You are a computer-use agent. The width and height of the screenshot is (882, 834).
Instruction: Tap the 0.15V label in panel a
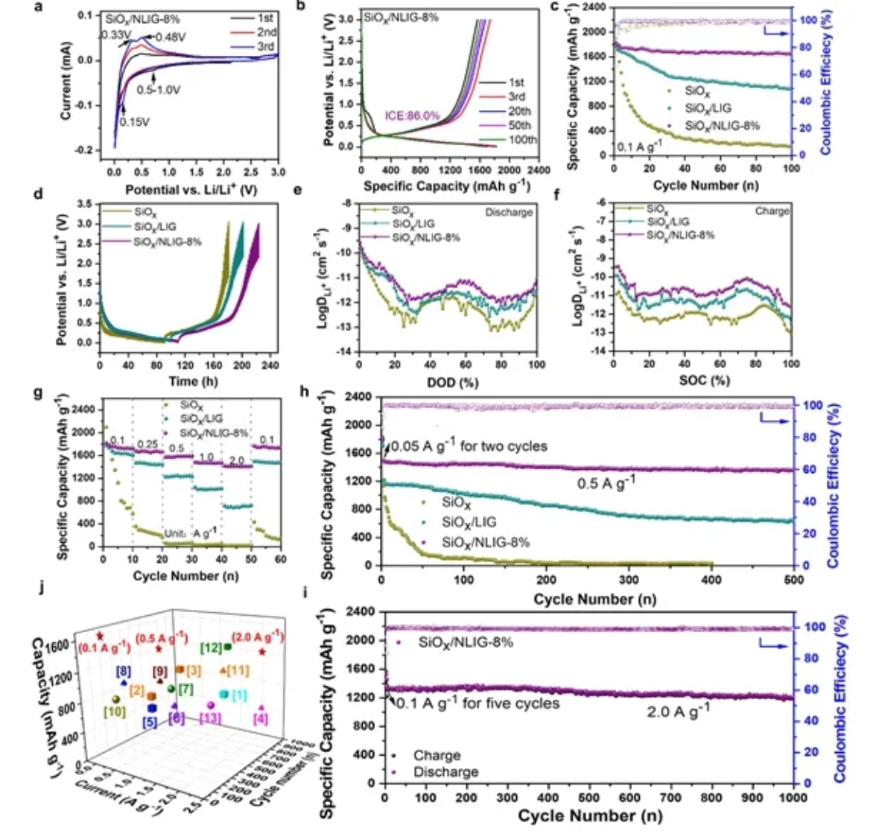click(135, 122)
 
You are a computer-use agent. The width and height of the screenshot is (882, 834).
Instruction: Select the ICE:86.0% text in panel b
click(412, 115)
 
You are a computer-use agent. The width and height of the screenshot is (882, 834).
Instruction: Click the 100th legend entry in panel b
click(522, 140)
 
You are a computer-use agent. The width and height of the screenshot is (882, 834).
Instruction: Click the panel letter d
click(59, 195)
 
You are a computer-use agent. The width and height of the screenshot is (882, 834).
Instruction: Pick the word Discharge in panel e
click(509, 212)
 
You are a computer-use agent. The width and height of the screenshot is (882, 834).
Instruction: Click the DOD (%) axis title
click(447, 382)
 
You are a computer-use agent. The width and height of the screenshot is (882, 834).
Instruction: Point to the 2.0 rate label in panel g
click(236, 462)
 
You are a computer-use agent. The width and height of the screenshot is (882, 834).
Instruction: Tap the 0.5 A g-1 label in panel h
click(606, 484)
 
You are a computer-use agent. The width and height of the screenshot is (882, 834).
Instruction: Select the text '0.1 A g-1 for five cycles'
click(478, 703)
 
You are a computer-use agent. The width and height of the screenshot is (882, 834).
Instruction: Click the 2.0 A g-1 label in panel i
click(678, 710)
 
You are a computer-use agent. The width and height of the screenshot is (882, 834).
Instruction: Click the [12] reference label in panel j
click(211, 649)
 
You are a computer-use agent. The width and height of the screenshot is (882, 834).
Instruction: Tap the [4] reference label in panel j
click(261, 719)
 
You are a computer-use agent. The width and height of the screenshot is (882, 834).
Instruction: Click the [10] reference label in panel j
click(114, 712)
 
